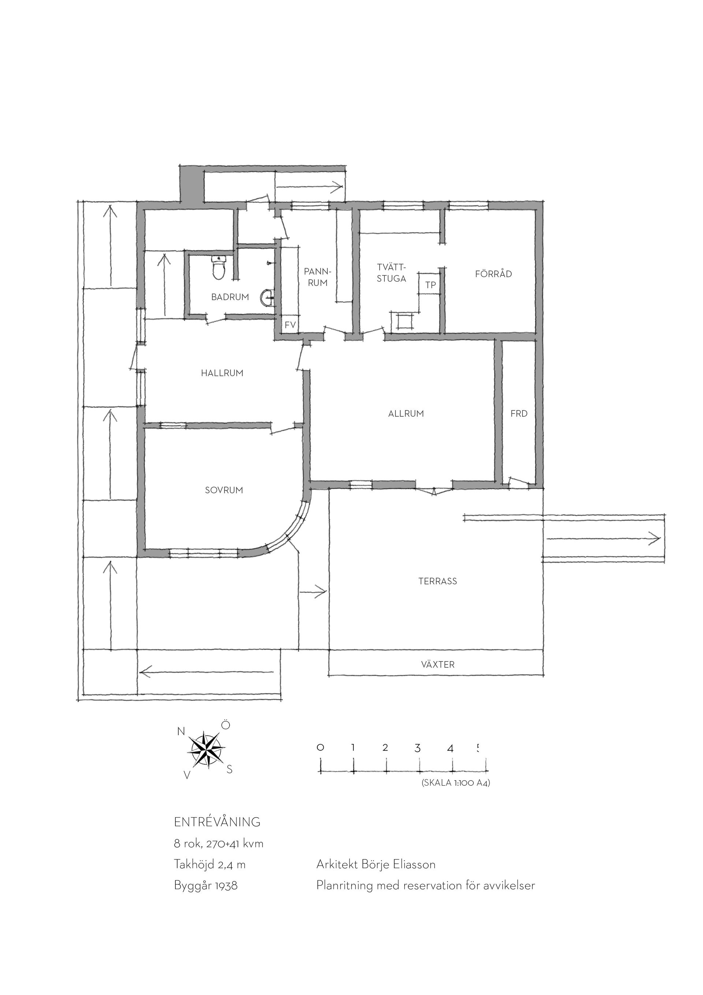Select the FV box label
click(x=290, y=325)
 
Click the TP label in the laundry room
click(x=430, y=285)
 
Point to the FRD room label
click(x=519, y=413)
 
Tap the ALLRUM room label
click(x=406, y=413)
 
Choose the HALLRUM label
click(x=222, y=373)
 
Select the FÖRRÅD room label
click(x=494, y=273)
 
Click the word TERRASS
click(x=438, y=581)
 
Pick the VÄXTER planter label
click(x=438, y=664)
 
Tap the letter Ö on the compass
click(x=226, y=725)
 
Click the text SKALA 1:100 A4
click(x=455, y=783)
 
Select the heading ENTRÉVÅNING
click(x=217, y=822)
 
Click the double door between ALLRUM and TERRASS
click(x=434, y=489)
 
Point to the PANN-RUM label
click(x=317, y=277)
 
